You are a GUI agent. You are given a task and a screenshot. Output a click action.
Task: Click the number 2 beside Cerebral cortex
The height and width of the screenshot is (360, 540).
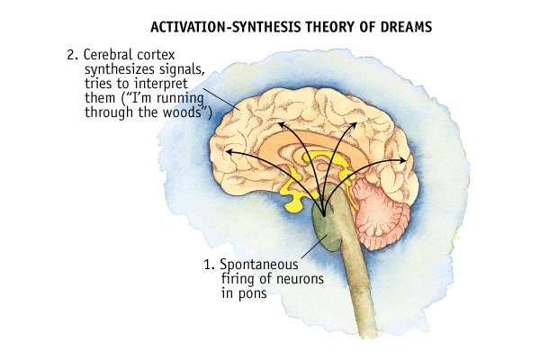tap(71, 53)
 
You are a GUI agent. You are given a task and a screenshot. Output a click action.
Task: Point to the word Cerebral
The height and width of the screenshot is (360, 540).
tap(108, 53)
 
